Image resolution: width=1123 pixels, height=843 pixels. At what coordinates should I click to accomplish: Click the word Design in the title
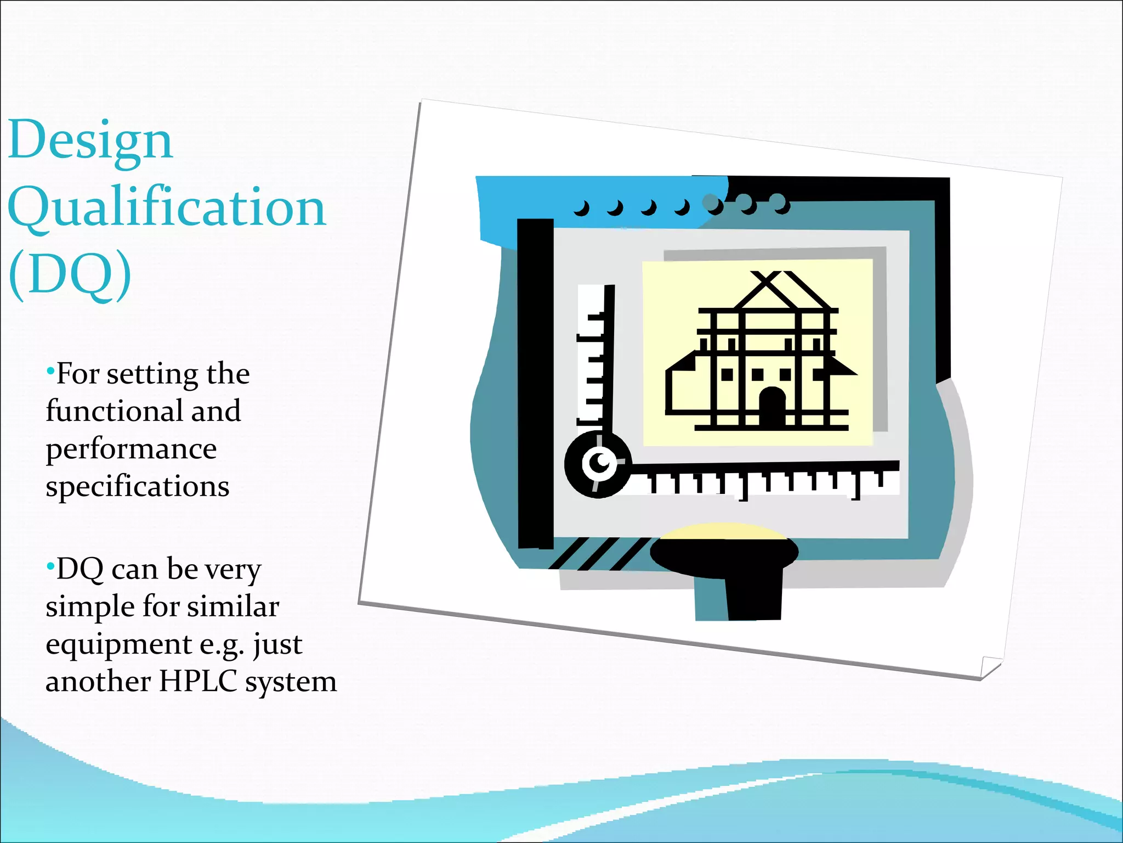90,140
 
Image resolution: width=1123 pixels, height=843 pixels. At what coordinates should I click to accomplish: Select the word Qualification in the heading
167,207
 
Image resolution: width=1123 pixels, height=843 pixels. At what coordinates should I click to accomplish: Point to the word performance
131,448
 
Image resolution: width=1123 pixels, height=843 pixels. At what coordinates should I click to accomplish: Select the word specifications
137,486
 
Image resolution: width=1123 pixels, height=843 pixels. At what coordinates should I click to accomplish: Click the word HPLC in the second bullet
197,681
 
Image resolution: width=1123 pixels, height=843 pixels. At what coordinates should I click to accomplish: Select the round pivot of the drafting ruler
598,464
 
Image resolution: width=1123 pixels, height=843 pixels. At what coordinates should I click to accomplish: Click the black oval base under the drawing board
724,555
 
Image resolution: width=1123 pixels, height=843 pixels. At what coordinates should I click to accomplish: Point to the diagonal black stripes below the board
598,553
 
